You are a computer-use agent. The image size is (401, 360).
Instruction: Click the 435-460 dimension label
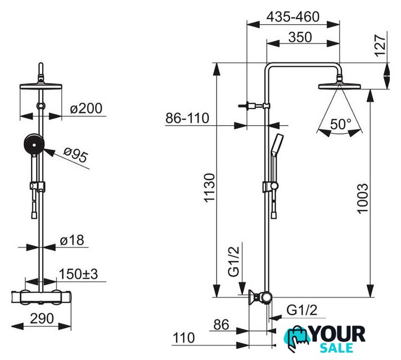(x=292, y=17)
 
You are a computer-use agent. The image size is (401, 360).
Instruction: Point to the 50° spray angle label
(x=340, y=124)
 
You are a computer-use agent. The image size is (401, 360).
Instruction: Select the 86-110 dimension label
(x=187, y=119)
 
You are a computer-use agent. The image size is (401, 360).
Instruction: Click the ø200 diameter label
(x=87, y=109)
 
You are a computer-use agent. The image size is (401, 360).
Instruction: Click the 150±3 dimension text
(x=79, y=274)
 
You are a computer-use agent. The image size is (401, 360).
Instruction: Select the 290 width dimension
(x=42, y=318)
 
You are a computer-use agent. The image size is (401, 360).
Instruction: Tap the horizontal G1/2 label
(x=303, y=309)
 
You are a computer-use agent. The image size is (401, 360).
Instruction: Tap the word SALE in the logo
(x=344, y=348)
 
